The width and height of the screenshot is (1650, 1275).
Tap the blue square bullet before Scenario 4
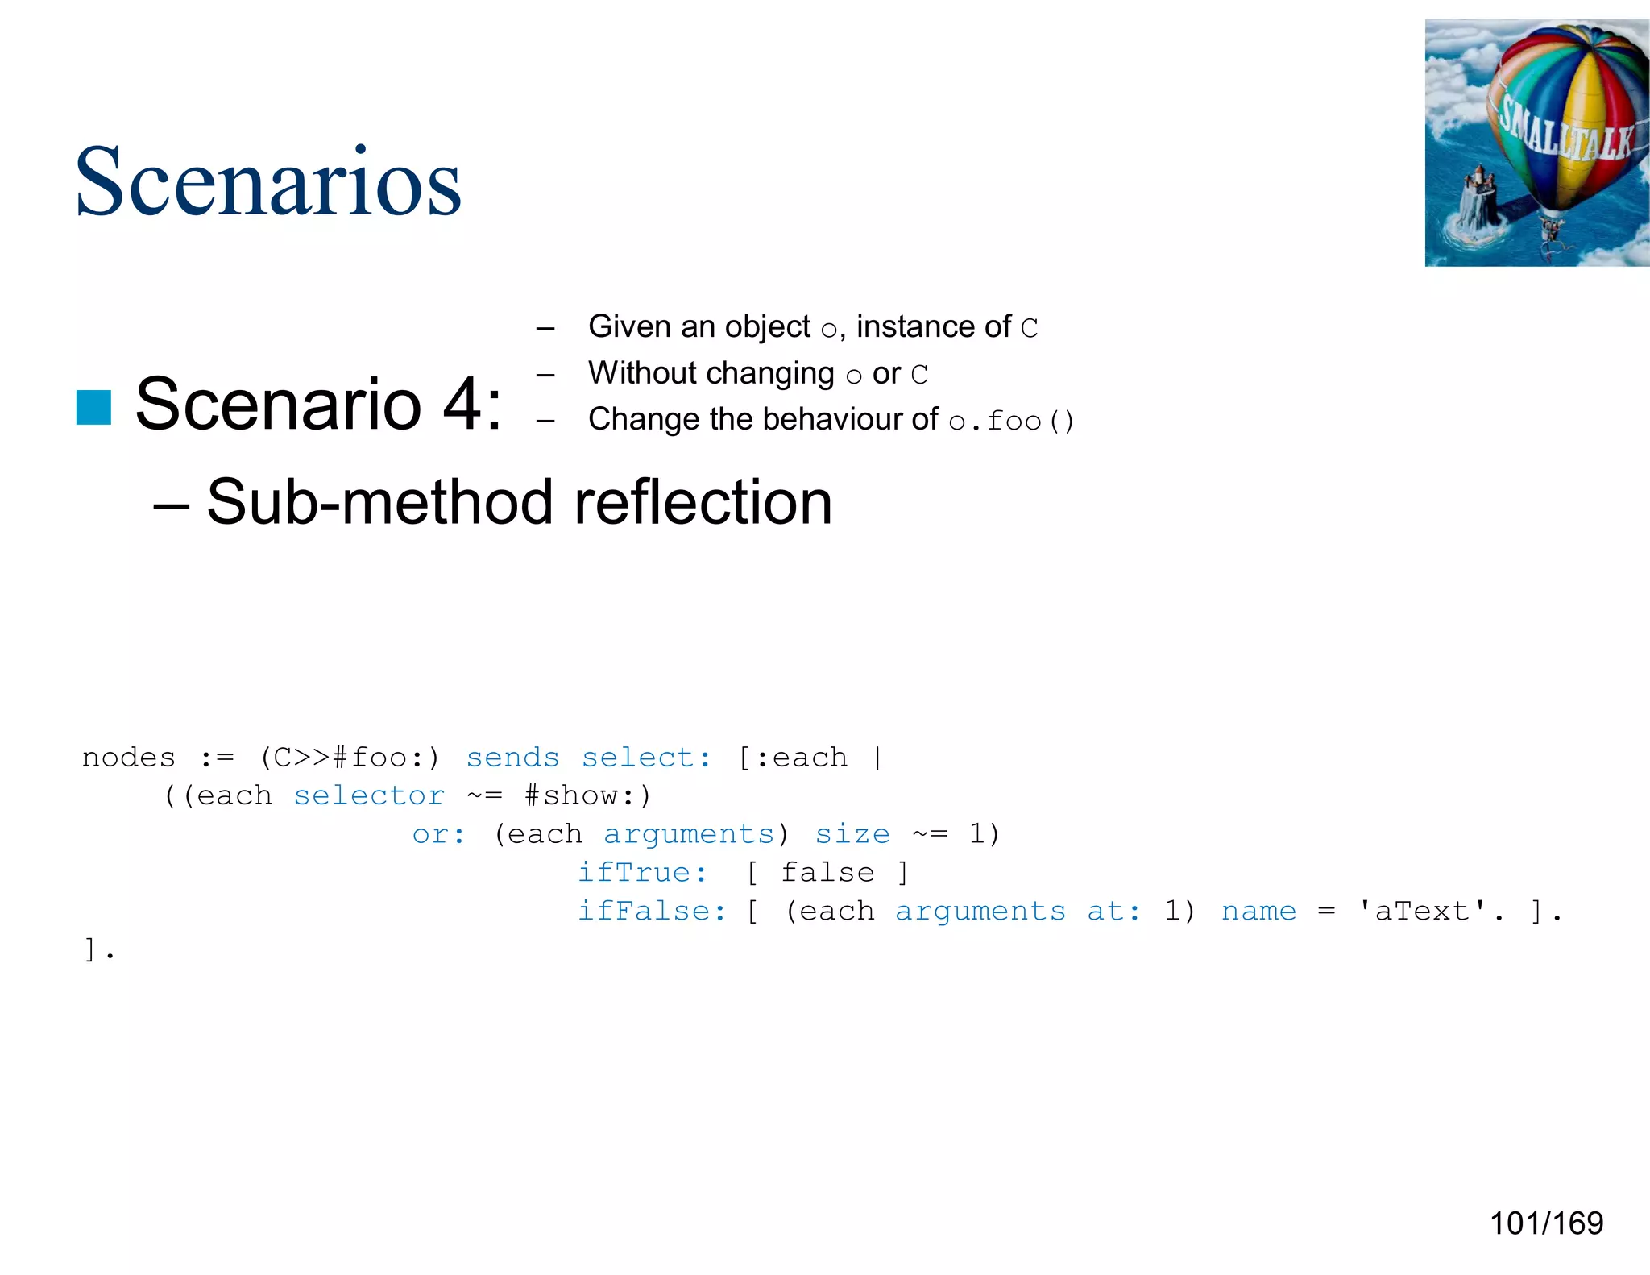93,406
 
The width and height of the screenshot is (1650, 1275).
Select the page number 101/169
1546,1223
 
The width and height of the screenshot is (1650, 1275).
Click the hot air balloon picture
1536,143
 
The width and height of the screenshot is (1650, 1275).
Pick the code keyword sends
512,758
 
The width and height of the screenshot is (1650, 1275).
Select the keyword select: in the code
646,758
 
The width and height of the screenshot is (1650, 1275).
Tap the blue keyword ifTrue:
642,873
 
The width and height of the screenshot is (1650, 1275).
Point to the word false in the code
827,873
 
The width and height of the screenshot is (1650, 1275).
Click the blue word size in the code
852,834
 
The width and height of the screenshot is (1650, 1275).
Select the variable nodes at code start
129,758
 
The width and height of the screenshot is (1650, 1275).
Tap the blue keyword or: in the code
438,834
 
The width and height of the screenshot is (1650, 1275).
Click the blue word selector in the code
369,796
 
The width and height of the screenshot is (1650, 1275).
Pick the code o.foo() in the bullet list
1011,421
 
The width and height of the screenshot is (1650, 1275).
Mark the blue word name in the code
1258,912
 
